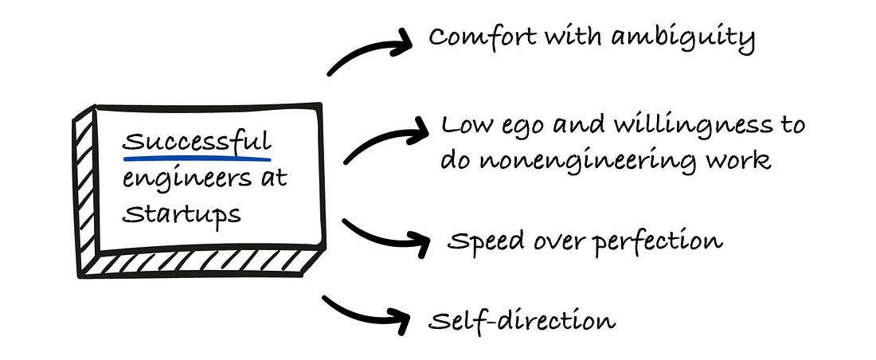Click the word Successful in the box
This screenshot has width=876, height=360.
(x=197, y=143)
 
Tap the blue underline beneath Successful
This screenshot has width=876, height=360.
(x=197, y=158)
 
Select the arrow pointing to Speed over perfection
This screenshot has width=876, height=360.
(x=383, y=236)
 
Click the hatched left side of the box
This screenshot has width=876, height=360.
(x=82, y=191)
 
